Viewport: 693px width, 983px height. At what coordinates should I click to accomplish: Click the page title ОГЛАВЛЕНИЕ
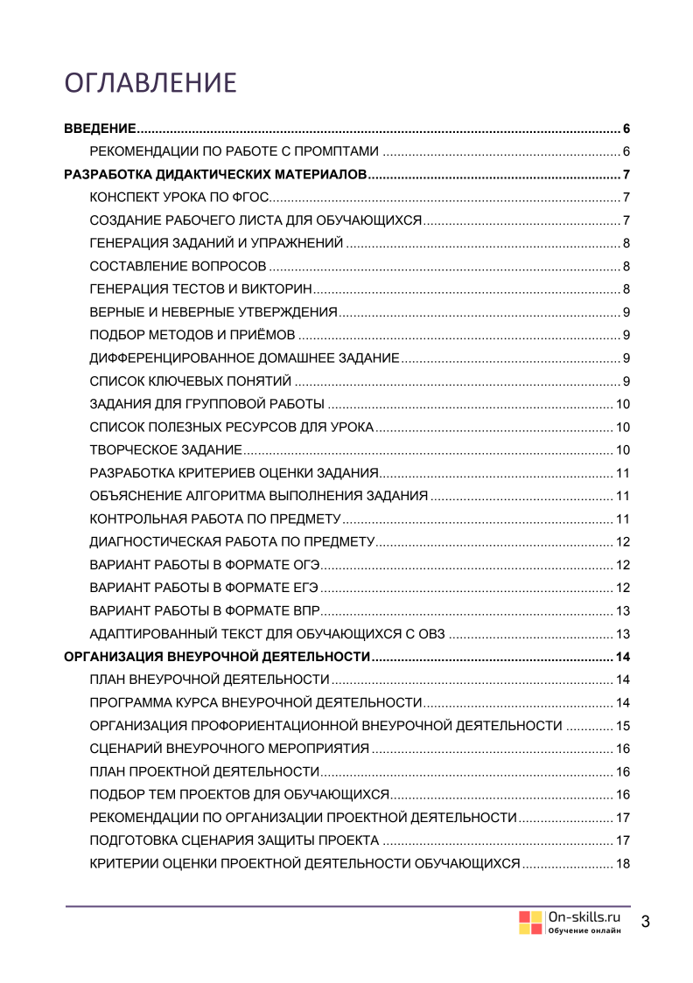point(150,82)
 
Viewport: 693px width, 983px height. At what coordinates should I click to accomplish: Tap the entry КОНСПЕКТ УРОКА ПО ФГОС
point(185,196)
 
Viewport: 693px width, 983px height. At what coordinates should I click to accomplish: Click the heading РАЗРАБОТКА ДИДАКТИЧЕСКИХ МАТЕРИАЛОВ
point(216,173)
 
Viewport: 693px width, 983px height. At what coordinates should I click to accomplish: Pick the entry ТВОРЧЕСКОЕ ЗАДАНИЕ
point(165,450)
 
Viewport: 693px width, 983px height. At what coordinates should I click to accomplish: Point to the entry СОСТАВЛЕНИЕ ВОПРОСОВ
point(178,267)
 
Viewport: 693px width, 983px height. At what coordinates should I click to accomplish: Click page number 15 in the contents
point(624,725)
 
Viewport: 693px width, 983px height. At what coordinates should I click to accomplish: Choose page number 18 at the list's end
point(624,864)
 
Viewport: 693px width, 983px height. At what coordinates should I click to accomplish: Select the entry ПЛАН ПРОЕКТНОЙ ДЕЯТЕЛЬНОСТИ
point(204,771)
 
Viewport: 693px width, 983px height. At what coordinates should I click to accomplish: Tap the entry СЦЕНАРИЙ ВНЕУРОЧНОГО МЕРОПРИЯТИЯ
point(230,749)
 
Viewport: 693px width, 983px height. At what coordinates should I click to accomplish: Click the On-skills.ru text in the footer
point(584,916)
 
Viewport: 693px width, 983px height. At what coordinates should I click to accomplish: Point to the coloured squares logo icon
point(530,923)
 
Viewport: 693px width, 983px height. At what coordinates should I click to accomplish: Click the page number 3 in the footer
point(646,922)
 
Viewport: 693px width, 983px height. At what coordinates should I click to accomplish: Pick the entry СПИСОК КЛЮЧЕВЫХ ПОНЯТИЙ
point(190,380)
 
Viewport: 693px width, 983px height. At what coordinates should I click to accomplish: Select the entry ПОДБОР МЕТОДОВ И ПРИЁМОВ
point(192,334)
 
